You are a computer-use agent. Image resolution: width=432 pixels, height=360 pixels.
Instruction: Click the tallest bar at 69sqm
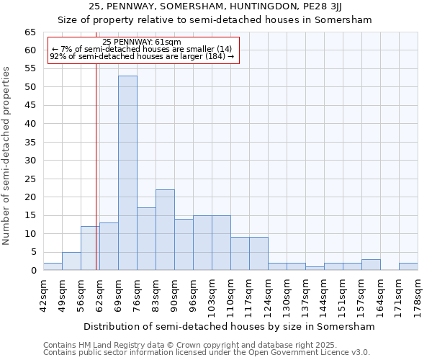[x=127, y=173]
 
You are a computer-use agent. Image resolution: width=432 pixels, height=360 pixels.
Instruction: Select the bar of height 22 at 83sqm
[x=165, y=230]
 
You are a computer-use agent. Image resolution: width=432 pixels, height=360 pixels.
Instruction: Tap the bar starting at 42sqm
[x=53, y=266]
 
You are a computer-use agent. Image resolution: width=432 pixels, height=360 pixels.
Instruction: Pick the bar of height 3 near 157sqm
[x=371, y=264]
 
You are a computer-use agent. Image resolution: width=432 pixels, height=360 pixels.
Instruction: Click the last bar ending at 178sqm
[x=408, y=266]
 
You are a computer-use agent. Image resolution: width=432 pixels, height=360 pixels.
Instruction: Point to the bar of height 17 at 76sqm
[x=146, y=239]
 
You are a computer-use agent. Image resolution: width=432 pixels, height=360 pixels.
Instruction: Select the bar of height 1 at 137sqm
[x=315, y=268]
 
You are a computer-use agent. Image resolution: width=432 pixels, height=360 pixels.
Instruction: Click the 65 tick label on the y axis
[x=30, y=32]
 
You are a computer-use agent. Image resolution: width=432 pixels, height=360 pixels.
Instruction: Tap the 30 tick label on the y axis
[x=30, y=161]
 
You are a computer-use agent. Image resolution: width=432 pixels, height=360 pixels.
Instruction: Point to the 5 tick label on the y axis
[x=32, y=252]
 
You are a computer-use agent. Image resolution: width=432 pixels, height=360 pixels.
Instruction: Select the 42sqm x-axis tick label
[x=44, y=295]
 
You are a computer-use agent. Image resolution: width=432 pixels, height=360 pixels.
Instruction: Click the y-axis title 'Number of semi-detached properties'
[x=7, y=156]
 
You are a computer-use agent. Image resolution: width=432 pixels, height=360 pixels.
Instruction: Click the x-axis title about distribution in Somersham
[x=229, y=326]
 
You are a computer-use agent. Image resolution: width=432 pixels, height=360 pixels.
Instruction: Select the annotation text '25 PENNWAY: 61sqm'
[x=142, y=42]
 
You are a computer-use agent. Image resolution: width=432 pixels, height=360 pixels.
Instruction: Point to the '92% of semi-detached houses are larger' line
[x=142, y=56]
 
